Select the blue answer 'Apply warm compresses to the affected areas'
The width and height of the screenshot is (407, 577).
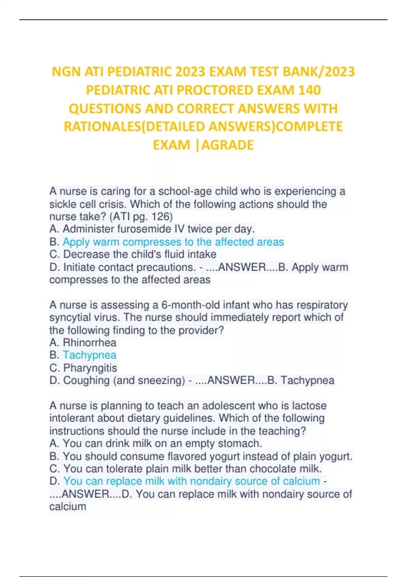[173, 242]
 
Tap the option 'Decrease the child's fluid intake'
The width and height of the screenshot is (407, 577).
[139, 254]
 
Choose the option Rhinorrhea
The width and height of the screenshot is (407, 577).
[90, 342]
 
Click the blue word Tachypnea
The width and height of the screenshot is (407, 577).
[90, 355]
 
